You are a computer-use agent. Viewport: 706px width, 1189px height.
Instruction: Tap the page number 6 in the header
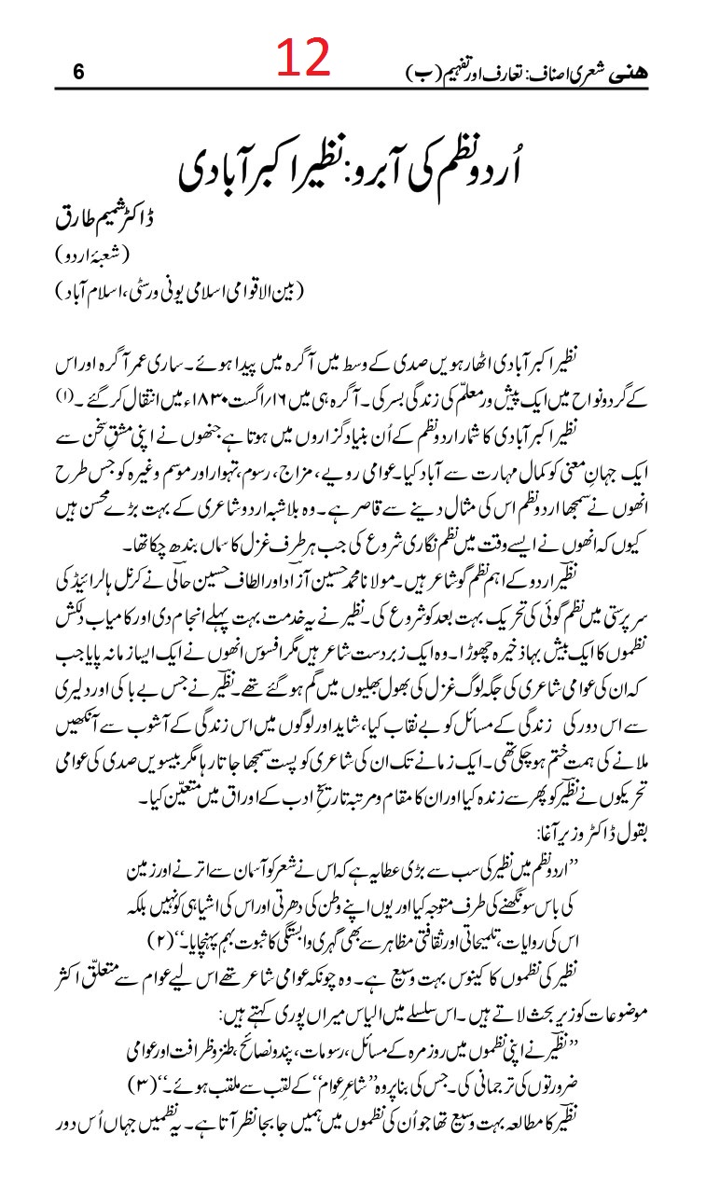tap(77, 71)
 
